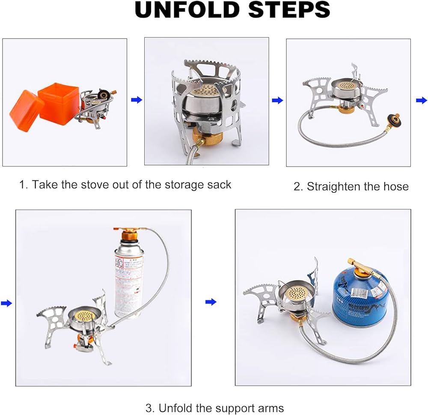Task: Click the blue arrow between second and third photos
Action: pyautogui.click(x=277, y=101)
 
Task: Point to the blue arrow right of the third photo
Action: pyautogui.click(x=421, y=101)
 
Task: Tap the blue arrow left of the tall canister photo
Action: pyautogui.click(x=6, y=303)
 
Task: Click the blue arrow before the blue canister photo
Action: pyautogui.click(x=211, y=302)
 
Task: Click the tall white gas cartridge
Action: pyautogui.click(x=129, y=278)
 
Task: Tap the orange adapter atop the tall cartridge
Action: pyautogui.click(x=128, y=235)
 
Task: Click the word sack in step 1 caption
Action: pyautogui.click(x=217, y=185)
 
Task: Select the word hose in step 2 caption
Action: pyautogui.click(x=395, y=186)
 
